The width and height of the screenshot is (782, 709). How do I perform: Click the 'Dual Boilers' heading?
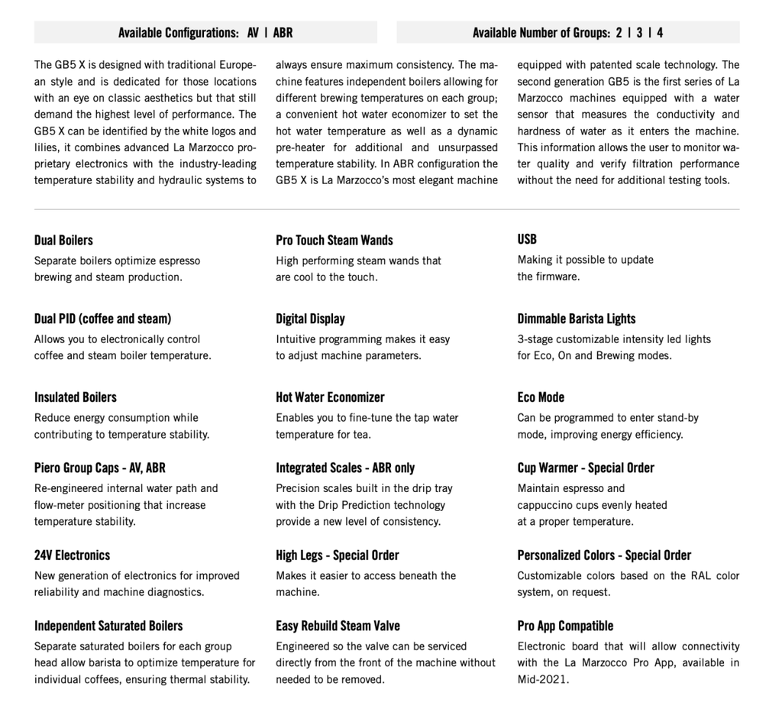[x=63, y=240]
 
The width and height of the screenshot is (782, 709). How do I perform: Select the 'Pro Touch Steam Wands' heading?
[x=334, y=240]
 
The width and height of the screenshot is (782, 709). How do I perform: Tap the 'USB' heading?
[x=527, y=239]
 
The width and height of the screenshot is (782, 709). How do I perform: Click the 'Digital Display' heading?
[x=310, y=319]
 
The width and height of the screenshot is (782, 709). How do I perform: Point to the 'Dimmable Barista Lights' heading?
[x=576, y=319]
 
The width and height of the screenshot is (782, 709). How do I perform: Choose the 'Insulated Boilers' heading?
[x=75, y=397]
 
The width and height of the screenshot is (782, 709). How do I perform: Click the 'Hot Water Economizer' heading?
[x=330, y=397]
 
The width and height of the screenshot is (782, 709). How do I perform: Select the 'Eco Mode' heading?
[x=541, y=397]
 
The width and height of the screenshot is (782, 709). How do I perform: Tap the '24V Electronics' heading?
[x=72, y=555]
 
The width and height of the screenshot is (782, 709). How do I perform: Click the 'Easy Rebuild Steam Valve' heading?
[x=338, y=626]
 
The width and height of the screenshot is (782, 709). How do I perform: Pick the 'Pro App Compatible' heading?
[x=565, y=626]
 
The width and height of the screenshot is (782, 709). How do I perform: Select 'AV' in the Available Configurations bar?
[x=253, y=33]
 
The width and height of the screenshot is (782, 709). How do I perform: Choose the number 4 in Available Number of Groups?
[x=660, y=33]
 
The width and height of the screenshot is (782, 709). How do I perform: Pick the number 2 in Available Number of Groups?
[x=619, y=33]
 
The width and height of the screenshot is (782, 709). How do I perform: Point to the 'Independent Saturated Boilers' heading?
[x=108, y=626]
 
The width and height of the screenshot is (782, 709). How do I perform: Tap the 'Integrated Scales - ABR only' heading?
[x=345, y=468]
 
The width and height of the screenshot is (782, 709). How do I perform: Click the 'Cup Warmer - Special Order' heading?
[x=586, y=468]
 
